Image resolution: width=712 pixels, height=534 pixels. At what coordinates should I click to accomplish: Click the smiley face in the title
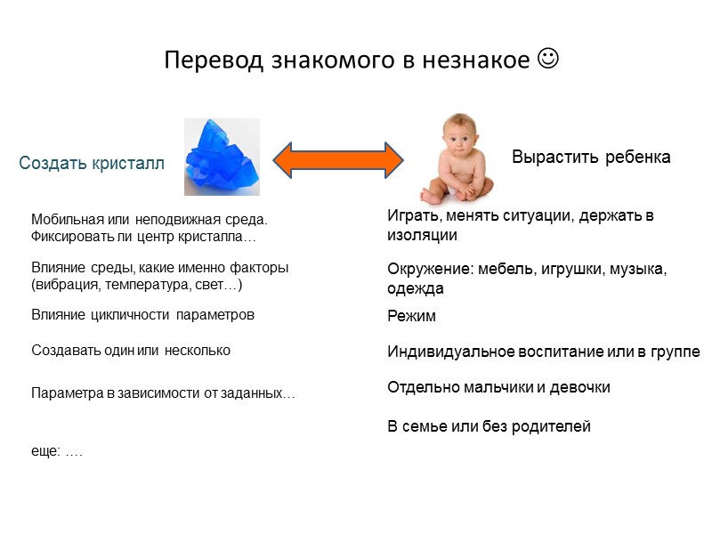tap(549, 60)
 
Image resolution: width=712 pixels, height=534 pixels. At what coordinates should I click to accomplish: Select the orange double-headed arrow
tap(337, 158)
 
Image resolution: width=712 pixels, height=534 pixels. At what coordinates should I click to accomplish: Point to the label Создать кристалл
tap(92, 164)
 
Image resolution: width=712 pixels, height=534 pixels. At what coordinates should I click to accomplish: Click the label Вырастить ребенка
tap(591, 158)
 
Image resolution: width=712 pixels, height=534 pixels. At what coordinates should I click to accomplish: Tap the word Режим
tap(411, 316)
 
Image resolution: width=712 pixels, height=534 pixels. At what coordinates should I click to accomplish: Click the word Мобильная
tap(63, 219)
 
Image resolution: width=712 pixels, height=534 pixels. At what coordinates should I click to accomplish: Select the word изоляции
tap(422, 236)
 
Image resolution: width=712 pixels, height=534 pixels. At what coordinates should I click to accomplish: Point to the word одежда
tap(415, 288)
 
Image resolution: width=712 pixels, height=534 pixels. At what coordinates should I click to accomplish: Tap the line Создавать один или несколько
tap(131, 351)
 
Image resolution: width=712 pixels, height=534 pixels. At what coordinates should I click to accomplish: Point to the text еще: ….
tap(56, 452)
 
